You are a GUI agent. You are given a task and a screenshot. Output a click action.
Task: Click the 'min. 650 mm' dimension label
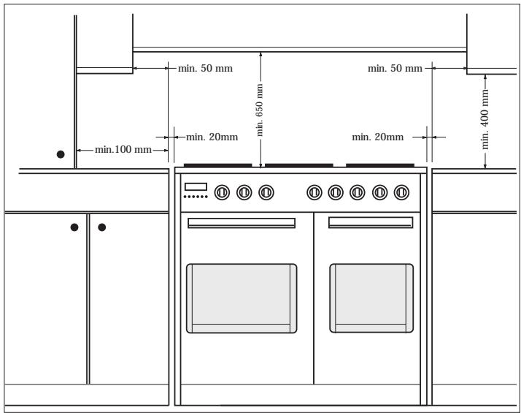[260, 110]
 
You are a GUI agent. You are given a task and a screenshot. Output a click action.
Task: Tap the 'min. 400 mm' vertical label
[485, 119]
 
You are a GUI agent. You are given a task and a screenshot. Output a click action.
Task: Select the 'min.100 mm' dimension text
[123, 150]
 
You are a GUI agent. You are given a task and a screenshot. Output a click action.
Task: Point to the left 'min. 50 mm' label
[205, 69]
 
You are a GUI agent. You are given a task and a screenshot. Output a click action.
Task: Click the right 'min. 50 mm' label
[395, 69]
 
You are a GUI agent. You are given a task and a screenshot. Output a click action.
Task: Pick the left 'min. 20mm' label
[212, 137]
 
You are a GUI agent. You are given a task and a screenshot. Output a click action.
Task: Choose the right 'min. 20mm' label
[378, 137]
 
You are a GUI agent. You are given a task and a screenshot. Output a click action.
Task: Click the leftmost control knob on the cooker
[222, 192]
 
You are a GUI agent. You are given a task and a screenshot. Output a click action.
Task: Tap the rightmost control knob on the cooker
[401, 192]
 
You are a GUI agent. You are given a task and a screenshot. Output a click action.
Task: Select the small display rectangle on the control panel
[196, 186]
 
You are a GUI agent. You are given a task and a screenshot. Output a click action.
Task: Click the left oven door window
[242, 298]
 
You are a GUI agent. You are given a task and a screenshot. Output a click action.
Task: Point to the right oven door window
[371, 298]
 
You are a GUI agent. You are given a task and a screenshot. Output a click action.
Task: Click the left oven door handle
[242, 223]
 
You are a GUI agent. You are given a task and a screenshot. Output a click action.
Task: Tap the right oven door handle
[371, 223]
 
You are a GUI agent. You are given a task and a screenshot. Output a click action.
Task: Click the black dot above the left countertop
[61, 154]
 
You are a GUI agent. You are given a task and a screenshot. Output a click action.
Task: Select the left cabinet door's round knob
[74, 227]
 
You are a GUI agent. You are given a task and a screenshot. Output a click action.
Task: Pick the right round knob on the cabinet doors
[102, 227]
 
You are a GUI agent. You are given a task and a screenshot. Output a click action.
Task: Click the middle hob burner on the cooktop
[298, 165]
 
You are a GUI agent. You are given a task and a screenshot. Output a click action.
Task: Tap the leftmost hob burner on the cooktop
[217, 165]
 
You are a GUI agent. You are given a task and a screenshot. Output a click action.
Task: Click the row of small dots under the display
[196, 197]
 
